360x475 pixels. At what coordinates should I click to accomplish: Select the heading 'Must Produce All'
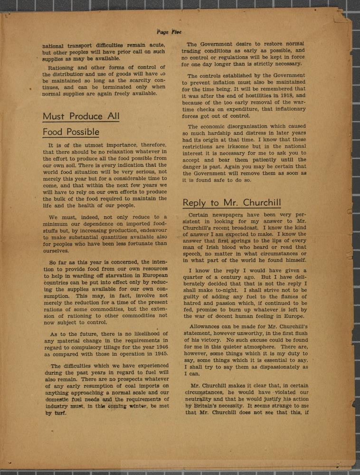(x=81, y=116)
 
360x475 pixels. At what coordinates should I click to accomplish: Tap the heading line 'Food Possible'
(x=71, y=132)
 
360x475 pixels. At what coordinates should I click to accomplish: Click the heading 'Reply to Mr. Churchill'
(x=232, y=203)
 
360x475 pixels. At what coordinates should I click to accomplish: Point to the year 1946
(x=157, y=348)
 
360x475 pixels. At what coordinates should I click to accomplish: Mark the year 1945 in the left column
(x=157, y=354)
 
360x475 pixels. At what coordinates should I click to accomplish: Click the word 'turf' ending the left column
(x=60, y=413)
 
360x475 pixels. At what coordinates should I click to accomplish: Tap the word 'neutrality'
(x=200, y=399)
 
